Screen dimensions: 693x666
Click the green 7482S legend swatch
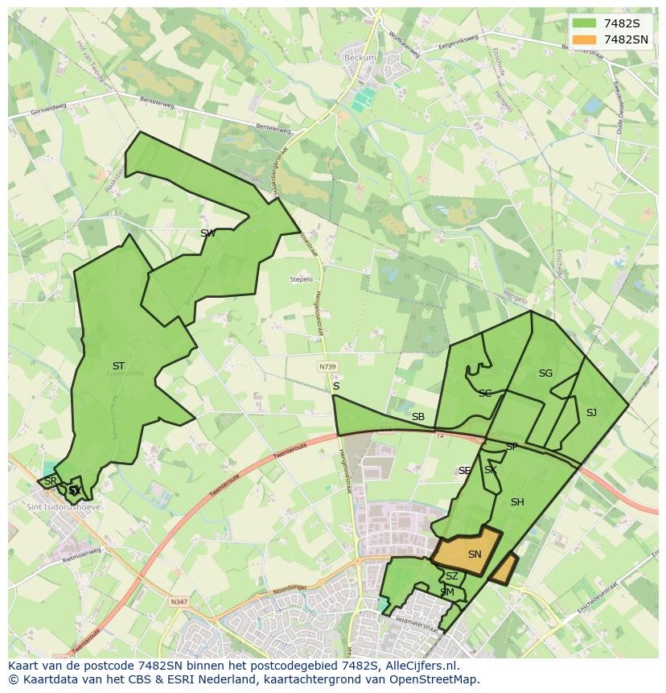(585, 23)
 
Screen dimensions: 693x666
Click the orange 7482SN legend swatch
(585, 39)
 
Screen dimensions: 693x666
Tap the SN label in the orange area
(475, 555)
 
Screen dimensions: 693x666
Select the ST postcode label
(118, 366)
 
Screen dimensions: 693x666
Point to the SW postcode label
(208, 233)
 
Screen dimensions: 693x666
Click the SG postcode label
(545, 373)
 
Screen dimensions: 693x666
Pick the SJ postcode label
(591, 413)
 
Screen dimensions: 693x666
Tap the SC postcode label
(485, 394)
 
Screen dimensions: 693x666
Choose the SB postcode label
(418, 417)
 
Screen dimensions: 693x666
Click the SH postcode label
(517, 502)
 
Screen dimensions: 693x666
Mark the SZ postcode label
(452, 576)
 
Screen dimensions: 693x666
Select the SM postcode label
(447, 592)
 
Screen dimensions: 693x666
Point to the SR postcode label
(50, 481)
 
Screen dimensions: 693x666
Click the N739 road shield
(327, 366)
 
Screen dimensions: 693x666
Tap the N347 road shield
(179, 600)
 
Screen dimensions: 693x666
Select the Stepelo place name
(301, 279)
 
